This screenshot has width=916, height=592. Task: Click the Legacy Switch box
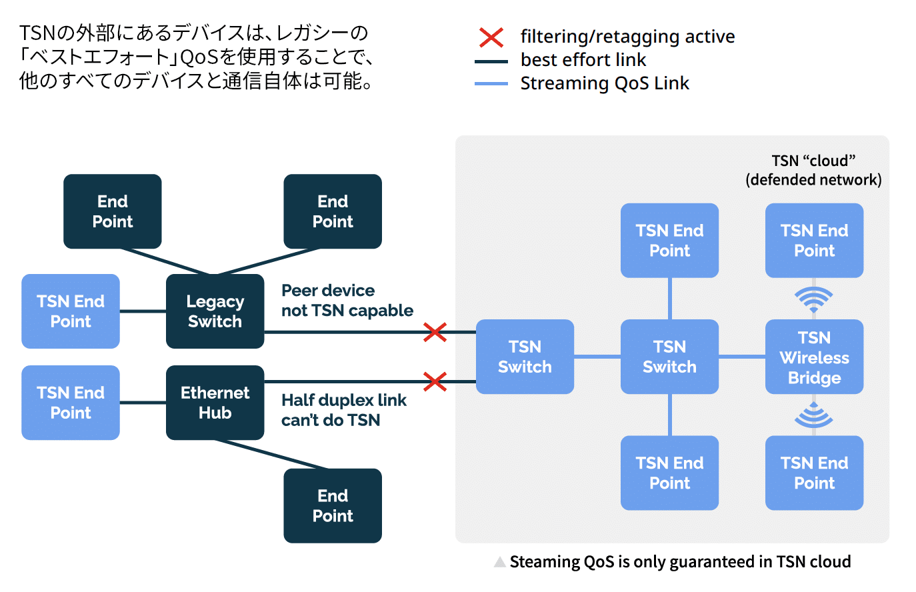(x=215, y=311)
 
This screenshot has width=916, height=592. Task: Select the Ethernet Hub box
(x=215, y=403)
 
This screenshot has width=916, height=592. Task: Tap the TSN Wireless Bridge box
(x=814, y=357)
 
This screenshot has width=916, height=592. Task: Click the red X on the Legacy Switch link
(x=435, y=332)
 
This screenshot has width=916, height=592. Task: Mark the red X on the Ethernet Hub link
(x=435, y=382)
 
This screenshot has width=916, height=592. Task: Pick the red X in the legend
(x=491, y=37)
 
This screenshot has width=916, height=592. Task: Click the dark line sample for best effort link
(x=491, y=61)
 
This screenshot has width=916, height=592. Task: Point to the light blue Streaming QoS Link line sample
(x=491, y=84)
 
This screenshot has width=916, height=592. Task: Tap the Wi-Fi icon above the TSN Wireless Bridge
(x=814, y=299)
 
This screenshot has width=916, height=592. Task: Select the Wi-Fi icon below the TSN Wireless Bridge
(x=814, y=415)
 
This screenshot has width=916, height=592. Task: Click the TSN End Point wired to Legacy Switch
(x=71, y=311)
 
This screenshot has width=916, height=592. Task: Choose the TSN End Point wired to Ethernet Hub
(x=71, y=403)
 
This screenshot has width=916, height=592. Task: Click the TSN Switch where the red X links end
(x=525, y=357)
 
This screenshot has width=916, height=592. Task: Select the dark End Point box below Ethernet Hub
(x=333, y=505)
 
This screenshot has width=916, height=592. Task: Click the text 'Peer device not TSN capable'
(x=347, y=301)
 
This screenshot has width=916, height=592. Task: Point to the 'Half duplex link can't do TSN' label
(x=343, y=410)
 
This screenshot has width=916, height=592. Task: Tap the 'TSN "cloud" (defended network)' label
(x=813, y=170)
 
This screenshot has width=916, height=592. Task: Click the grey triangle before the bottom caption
(x=500, y=562)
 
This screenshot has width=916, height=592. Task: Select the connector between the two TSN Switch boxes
(x=597, y=357)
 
